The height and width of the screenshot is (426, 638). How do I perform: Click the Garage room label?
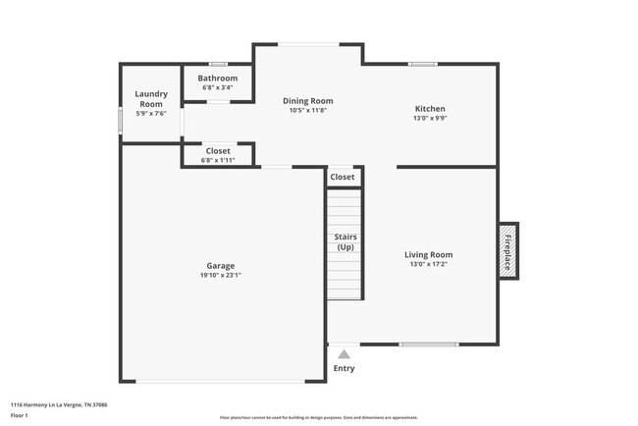point(220,265)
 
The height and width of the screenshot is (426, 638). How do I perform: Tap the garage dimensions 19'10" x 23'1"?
point(220,275)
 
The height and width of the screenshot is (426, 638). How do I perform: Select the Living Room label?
point(430,254)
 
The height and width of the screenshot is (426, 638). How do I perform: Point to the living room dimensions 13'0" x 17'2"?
point(430,264)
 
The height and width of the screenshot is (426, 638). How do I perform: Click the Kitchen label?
point(430,108)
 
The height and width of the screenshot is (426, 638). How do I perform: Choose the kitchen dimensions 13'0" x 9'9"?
point(430,118)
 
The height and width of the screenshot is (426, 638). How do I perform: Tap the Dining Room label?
point(308,100)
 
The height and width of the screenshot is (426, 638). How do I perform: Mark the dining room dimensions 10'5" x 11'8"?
point(308,110)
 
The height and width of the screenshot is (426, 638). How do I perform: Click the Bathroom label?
point(218,78)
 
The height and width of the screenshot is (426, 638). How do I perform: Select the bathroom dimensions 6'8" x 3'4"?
point(218,87)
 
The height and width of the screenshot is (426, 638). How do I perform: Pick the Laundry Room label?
point(151,99)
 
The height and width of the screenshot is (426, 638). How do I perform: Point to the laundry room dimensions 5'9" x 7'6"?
point(151,114)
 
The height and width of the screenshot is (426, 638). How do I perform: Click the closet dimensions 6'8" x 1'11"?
point(218,160)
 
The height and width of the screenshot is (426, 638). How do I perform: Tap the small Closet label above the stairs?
point(343,177)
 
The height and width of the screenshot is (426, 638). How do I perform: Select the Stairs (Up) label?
point(345,241)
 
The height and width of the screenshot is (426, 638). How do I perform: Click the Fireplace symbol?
point(508,250)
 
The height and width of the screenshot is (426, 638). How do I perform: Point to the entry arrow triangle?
point(344,354)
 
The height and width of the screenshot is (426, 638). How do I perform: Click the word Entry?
point(344,369)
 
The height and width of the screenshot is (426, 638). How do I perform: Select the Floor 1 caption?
point(21,416)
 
